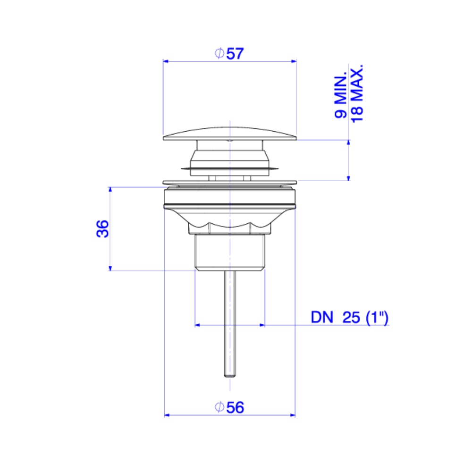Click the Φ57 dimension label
229,54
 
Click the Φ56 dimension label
229,407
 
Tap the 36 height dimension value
102,229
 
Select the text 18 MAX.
357,93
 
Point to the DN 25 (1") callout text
349,317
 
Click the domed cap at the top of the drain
230,134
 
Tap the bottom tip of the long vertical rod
230,376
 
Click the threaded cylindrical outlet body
230,252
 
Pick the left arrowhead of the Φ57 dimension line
166,61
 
